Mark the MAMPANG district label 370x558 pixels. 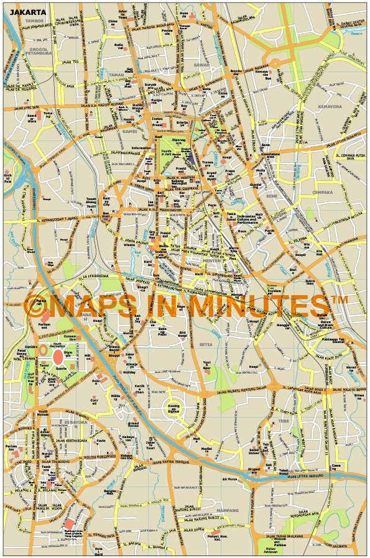pos(228,510)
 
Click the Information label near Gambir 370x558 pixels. pos(141,148)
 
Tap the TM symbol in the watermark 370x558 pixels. pos(339,300)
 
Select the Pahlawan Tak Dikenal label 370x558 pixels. pos(333,341)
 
